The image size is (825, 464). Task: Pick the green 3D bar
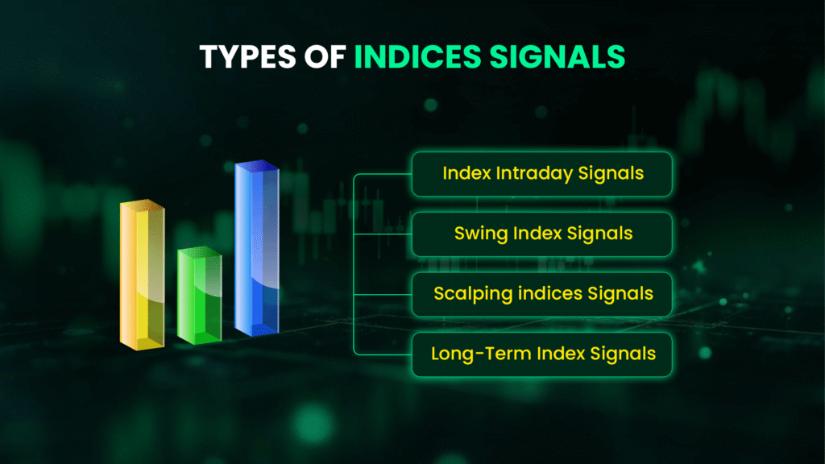pos(199,298)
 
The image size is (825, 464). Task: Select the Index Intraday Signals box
pos(541,174)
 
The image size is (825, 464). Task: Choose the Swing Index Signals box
pos(541,234)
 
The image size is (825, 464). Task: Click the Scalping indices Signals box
pos(541,294)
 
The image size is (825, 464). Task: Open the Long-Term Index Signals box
pos(541,354)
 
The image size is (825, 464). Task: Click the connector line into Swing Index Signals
pos(383,234)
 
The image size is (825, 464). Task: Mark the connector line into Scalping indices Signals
pos(383,294)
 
